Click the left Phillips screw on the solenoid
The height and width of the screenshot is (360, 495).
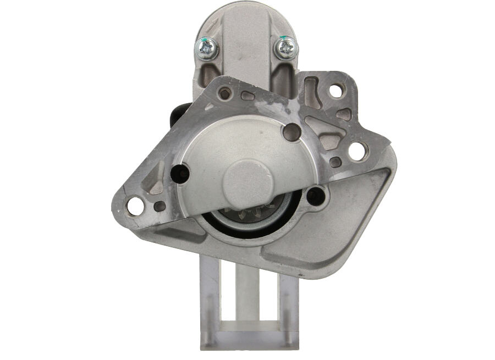pyautogui.click(x=207, y=49)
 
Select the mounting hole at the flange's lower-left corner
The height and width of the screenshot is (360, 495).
pyautogui.click(x=135, y=206)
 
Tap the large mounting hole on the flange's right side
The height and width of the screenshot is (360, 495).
pyautogui.click(x=357, y=151)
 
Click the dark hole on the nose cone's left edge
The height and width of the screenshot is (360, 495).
pyautogui.click(x=180, y=174)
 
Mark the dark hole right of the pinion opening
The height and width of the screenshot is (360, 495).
pyautogui.click(x=316, y=196)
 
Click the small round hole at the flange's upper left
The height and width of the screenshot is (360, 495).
pyautogui.click(x=224, y=93)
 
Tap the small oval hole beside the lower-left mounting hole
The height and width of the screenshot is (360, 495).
pyautogui.click(x=159, y=207)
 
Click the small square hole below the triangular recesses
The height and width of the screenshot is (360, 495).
pyautogui.click(x=335, y=162)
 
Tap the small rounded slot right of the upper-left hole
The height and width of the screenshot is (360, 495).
pyautogui.click(x=247, y=95)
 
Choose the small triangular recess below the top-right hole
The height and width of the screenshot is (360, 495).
pyautogui.click(x=344, y=114)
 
